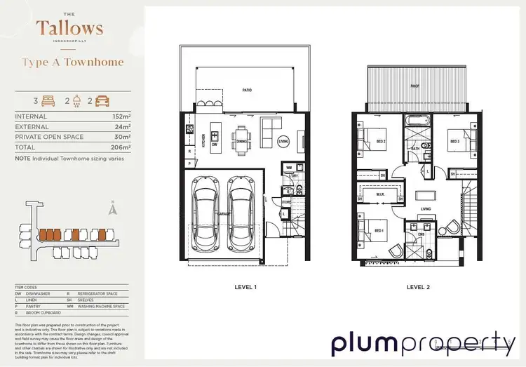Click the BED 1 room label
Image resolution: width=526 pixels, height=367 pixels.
[379, 231]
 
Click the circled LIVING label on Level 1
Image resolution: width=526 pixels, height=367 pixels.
[283, 141]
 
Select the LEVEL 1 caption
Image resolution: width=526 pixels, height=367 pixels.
[245, 288]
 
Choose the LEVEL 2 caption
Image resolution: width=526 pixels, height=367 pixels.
[417, 288]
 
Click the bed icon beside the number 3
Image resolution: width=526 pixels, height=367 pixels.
[48, 100]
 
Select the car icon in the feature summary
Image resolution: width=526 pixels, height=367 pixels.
[102, 100]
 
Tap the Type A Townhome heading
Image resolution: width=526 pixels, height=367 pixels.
[73, 62]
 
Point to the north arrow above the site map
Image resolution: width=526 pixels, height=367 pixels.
[112, 208]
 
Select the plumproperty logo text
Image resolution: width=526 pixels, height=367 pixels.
[423, 345]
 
